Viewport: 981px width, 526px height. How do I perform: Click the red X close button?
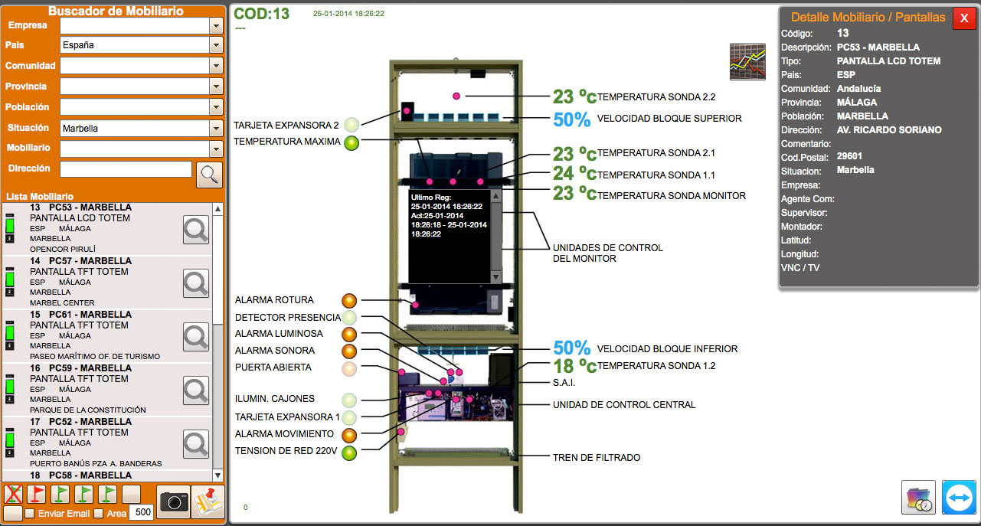(x=964, y=18)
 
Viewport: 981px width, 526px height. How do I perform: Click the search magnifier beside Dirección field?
(x=209, y=175)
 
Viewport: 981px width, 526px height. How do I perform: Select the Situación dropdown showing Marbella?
(x=140, y=129)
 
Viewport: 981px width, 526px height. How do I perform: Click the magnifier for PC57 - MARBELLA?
(x=196, y=283)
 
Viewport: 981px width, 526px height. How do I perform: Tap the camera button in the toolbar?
(x=173, y=501)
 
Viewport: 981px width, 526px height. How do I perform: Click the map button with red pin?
(x=208, y=501)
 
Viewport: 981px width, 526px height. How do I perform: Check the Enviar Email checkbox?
(x=30, y=513)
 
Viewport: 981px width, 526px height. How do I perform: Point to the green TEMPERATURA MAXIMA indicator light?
(x=351, y=142)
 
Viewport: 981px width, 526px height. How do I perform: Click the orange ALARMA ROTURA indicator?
(x=349, y=300)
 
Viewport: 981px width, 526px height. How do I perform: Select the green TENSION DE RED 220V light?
(x=349, y=452)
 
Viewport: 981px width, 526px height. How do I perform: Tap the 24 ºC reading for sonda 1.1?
(x=574, y=175)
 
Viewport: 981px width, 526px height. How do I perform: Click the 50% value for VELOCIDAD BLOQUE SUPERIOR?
(x=571, y=119)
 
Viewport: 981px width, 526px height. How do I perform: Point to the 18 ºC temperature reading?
(x=574, y=366)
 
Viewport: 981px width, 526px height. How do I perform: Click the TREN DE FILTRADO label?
(x=596, y=458)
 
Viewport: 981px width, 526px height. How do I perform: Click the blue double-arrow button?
(x=959, y=498)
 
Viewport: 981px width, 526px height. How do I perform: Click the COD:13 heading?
(x=261, y=14)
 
